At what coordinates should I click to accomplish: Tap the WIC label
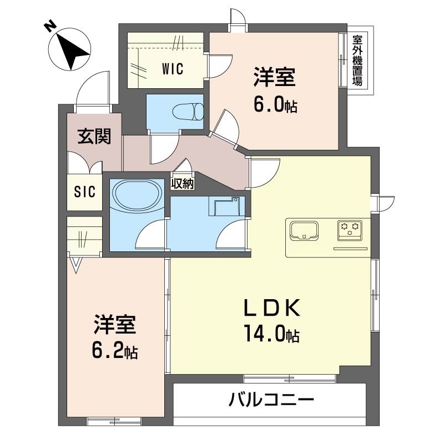point(173,69)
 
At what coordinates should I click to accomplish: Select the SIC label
point(85,193)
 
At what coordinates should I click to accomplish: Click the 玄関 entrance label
point(93,137)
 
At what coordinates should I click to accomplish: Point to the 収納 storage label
point(182,183)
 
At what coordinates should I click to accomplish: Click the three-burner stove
point(350,229)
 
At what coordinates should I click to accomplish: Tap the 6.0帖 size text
point(276,104)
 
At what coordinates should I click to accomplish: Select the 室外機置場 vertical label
point(358,61)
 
